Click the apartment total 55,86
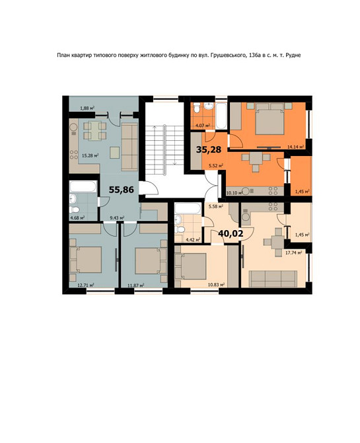click(x=122, y=190)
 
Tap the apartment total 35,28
click(x=209, y=149)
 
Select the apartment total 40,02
click(x=231, y=233)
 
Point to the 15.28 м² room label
click(x=90, y=155)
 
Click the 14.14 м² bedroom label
click(x=296, y=147)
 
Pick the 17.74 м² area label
click(x=294, y=253)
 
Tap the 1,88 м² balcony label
click(x=87, y=108)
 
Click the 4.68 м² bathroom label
click(x=77, y=218)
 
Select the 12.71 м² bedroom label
click(x=86, y=285)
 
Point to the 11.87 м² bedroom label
click(x=136, y=285)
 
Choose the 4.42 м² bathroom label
click(x=193, y=240)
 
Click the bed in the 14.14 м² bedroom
click(x=270, y=119)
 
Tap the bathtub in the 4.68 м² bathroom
click(x=83, y=186)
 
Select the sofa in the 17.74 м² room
click(x=273, y=278)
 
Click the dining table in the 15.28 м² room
click(x=95, y=131)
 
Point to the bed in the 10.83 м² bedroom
click(x=191, y=266)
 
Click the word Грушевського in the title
click(x=227, y=56)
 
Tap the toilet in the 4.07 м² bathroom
click(x=197, y=107)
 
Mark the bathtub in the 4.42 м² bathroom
click(x=188, y=208)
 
